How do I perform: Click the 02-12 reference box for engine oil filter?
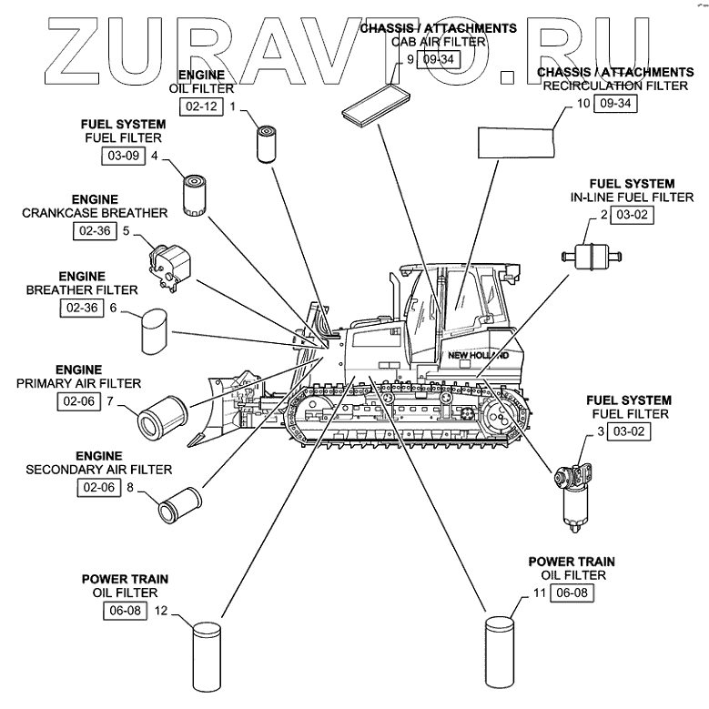tap(201, 106)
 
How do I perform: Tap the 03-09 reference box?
tap(124, 156)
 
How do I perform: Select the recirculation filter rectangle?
tap(517, 142)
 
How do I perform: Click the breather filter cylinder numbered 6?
tap(156, 330)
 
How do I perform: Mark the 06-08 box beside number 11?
tap(572, 593)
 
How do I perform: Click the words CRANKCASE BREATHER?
tap(96, 213)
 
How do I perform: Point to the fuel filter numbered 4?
tap(195, 193)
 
